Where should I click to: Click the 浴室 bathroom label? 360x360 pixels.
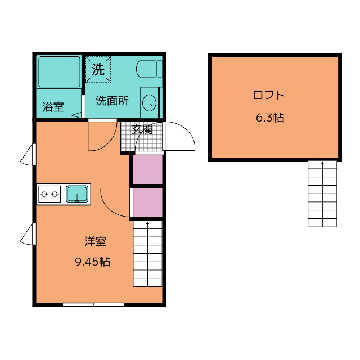pyautogui.click(x=53, y=107)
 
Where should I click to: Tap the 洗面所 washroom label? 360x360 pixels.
pyautogui.click(x=112, y=101)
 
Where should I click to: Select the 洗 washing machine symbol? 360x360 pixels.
pyautogui.click(x=98, y=69)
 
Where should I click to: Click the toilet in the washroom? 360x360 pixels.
pyautogui.click(x=149, y=69)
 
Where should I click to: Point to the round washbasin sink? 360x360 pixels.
pyautogui.click(x=149, y=103)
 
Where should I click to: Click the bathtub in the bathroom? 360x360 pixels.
pyautogui.click(x=59, y=72)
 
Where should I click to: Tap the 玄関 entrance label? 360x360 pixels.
pyautogui.click(x=142, y=129)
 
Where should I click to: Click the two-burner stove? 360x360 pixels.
pyautogui.click(x=49, y=194)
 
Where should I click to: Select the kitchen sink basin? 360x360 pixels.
pyautogui.click(x=77, y=194)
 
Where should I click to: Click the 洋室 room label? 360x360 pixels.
pyautogui.click(x=95, y=241)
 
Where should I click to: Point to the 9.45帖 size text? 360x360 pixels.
pyautogui.click(x=93, y=262)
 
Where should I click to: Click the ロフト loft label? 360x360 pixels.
pyautogui.click(x=269, y=95)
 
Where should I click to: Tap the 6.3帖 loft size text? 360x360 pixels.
pyautogui.click(x=270, y=118)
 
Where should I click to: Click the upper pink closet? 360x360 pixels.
pyautogui.click(x=148, y=169)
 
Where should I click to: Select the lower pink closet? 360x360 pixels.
pyautogui.click(x=148, y=202)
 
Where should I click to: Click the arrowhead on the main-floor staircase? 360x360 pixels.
pyautogui.click(x=147, y=223)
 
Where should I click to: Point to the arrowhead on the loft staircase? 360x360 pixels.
pyautogui.click(x=322, y=163)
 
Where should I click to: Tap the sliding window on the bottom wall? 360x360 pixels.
pyautogui.click(x=93, y=304)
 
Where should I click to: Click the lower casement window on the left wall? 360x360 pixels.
pyautogui.click(x=28, y=234)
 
